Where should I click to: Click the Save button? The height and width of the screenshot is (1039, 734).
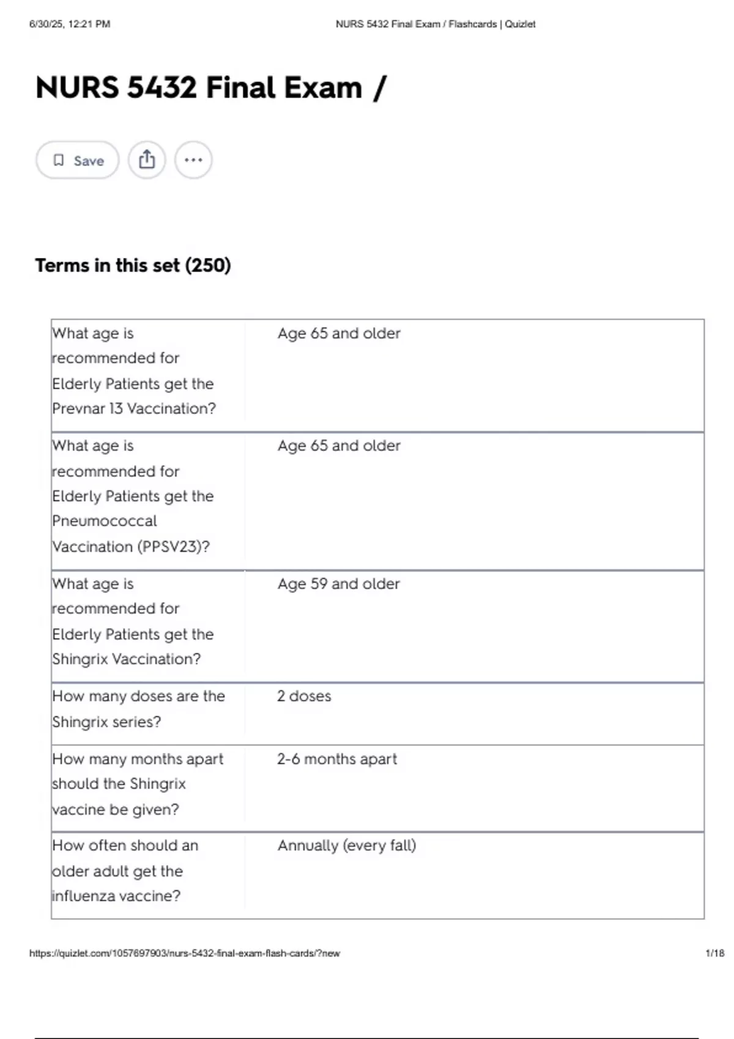tap(78, 160)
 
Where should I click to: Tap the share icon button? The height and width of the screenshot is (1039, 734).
tap(147, 160)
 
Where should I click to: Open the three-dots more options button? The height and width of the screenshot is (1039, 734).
tap(193, 160)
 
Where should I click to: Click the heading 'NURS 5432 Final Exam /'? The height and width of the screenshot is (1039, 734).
tap(211, 87)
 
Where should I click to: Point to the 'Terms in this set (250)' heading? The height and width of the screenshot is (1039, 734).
tap(133, 265)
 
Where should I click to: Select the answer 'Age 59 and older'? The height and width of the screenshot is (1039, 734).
tap(338, 584)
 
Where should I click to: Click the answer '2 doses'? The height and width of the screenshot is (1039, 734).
tap(304, 696)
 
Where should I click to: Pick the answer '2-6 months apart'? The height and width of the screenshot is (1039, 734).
tap(336, 759)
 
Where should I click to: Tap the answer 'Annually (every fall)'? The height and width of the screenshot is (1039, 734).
tap(346, 846)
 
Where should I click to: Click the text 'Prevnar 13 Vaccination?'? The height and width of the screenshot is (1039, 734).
tap(134, 408)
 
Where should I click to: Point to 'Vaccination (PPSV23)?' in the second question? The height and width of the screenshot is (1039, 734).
tap(131, 546)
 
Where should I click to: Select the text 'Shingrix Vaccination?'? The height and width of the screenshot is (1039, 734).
tap(126, 659)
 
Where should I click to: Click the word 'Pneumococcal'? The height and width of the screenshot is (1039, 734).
tap(105, 521)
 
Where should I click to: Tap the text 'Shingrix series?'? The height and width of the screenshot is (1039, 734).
tap(106, 722)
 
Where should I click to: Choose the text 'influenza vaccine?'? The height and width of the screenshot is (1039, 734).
tap(116, 896)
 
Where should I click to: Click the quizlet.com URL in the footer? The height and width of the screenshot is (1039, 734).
tap(185, 953)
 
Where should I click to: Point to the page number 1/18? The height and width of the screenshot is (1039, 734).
tap(714, 953)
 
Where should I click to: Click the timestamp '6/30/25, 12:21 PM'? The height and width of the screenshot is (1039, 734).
tap(70, 24)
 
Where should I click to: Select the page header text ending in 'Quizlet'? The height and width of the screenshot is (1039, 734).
tap(436, 24)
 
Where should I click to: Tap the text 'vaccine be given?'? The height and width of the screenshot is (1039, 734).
tap(116, 809)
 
